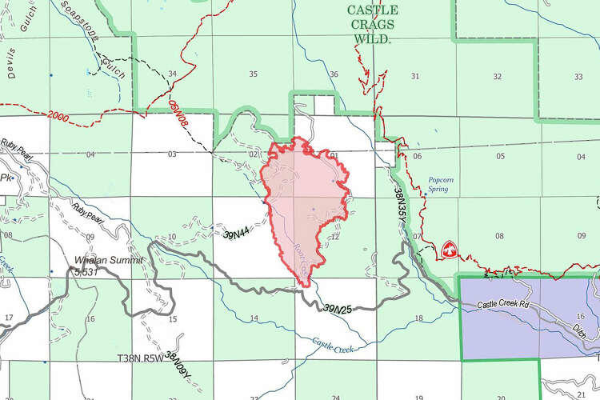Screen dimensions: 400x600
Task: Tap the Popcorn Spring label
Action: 440,185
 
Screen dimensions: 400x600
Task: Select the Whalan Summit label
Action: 108,262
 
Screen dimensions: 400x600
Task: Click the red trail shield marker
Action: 449,250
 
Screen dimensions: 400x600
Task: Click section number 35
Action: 253,74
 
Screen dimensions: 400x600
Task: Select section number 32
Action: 498,76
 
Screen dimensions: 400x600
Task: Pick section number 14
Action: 254,318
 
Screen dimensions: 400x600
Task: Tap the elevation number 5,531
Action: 86,272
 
